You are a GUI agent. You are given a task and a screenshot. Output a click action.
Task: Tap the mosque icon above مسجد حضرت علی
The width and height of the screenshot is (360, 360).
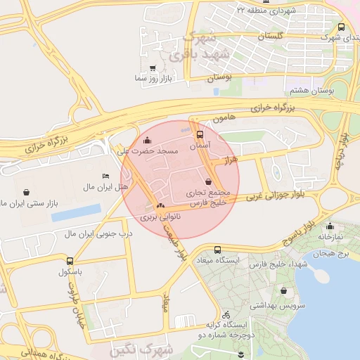point(147,140)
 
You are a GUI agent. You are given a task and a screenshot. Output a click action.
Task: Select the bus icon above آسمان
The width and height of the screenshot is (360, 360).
point(200,134)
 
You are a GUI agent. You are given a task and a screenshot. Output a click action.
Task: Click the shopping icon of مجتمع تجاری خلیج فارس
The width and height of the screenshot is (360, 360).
point(207,182)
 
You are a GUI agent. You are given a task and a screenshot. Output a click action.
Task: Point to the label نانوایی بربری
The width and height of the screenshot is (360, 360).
point(160,218)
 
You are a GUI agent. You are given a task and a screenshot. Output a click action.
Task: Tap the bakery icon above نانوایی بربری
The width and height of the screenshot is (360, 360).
point(160,207)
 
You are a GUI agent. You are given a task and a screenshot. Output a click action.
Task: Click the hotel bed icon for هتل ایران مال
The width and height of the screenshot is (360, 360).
point(105,176)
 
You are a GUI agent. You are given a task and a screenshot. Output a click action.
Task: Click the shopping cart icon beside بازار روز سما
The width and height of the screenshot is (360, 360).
point(153,68)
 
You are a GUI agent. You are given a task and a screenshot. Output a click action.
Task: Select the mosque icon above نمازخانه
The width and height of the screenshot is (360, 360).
point(330,226)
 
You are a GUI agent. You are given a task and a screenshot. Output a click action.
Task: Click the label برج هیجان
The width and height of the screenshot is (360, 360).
point(331,252)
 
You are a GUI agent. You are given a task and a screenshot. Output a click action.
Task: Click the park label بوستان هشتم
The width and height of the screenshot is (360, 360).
point(311,91)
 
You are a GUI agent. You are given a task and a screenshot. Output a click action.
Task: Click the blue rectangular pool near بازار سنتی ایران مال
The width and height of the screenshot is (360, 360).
point(76,212)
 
